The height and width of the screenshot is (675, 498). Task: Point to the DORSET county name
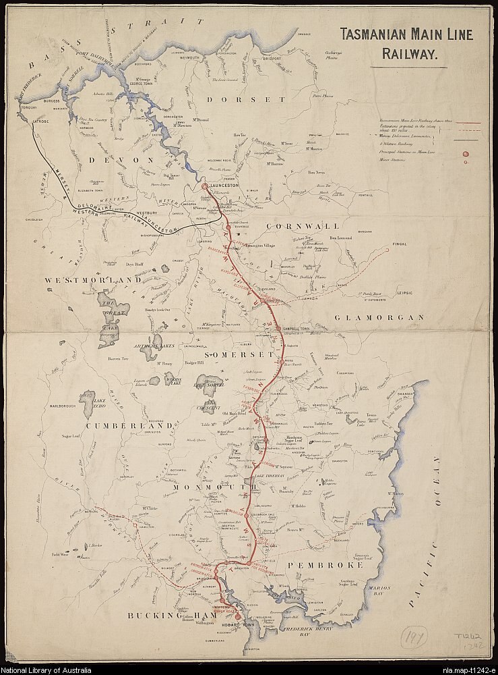[x=237, y=99]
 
